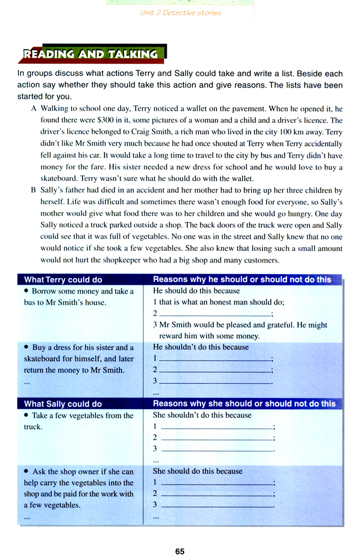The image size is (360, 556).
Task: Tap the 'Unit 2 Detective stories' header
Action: click(181, 13)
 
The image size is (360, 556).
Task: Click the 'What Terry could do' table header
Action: click(63, 280)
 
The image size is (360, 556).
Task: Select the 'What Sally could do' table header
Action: click(63, 404)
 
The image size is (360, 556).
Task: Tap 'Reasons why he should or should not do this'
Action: click(241, 280)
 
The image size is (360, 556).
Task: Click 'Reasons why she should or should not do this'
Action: click(244, 404)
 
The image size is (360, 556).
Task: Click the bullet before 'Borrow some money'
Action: click(27, 291)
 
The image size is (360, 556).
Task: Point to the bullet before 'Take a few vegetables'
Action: click(27, 415)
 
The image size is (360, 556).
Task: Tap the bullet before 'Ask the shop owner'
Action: click(27, 471)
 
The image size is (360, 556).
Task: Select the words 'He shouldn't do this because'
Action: click(200, 347)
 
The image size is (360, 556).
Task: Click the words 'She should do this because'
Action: click(197, 471)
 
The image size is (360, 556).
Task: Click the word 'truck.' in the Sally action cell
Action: click(33, 427)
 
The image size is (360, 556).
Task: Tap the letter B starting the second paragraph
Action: click(34, 191)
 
